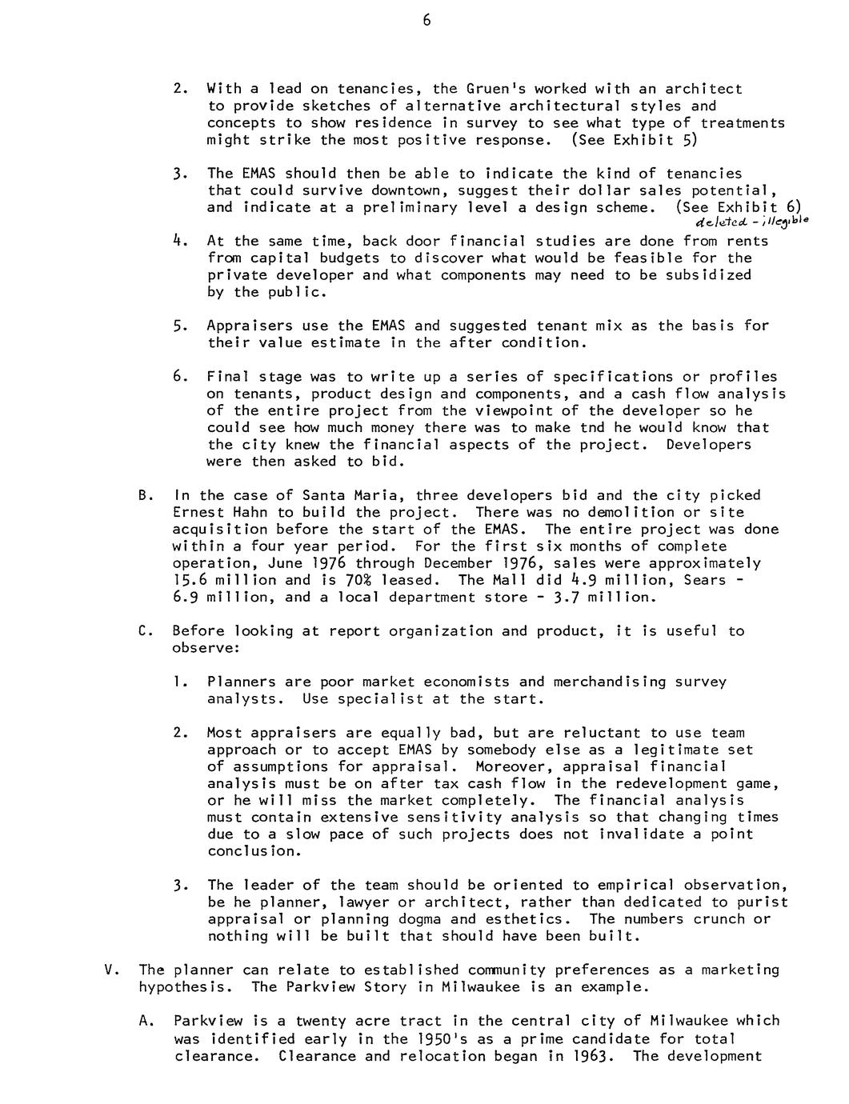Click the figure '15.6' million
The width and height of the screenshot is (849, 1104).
[x=190, y=580]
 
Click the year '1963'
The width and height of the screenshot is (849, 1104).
[x=591, y=1055]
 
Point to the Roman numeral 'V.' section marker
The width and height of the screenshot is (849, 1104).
[x=112, y=970]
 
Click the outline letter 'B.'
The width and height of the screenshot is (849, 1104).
[x=145, y=495]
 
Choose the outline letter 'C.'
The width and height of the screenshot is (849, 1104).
[x=145, y=630]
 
